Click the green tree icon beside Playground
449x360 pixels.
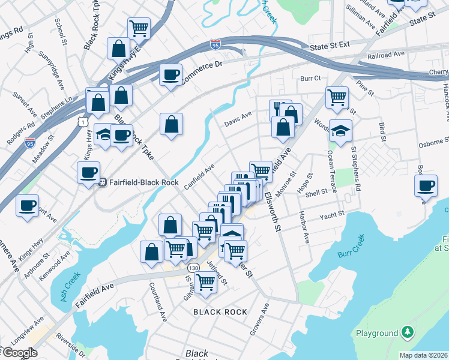[x=408, y=332]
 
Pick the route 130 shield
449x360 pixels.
[x=193, y=268]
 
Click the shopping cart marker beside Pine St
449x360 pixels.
[x=337, y=97]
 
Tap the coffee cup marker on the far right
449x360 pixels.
[x=426, y=185]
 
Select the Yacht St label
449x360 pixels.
[x=332, y=214]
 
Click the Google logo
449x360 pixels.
[x=20, y=353]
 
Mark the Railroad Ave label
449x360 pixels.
[x=387, y=55]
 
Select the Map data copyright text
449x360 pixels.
[x=424, y=355]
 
